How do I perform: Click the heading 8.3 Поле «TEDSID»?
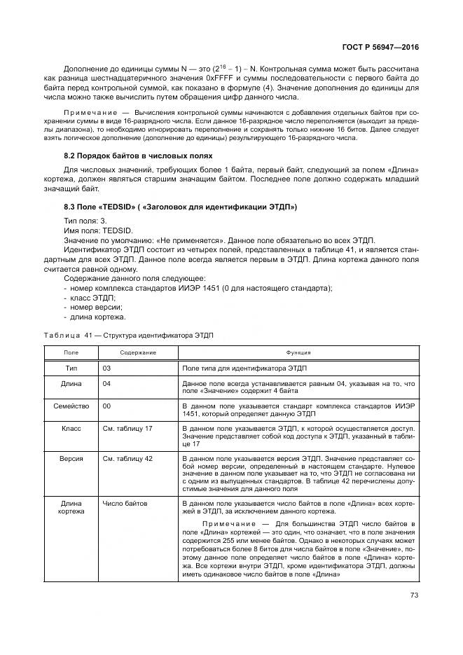[181, 207]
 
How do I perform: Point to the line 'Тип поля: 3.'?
[83, 220]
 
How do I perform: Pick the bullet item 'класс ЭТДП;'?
[91, 298]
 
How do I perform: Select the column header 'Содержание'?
[138, 353]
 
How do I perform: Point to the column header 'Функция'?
[298, 353]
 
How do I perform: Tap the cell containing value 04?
[107, 384]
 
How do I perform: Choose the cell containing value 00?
[107, 406]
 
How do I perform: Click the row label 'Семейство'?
[71, 406]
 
